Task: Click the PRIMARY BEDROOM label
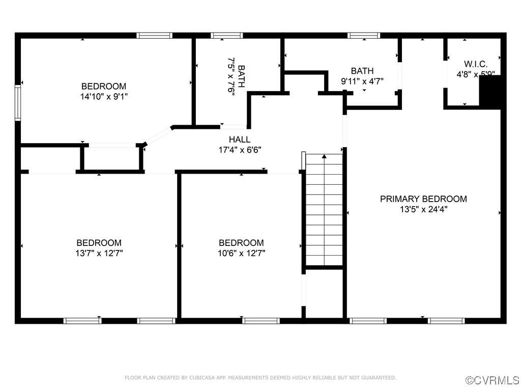[423, 199]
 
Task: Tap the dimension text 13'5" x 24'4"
[423, 209]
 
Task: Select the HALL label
[239, 139]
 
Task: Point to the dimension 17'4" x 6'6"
[239, 150]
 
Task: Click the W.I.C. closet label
[475, 64]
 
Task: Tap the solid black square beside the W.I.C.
[491, 92]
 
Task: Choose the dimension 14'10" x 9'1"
[104, 96]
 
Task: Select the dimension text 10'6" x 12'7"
[241, 253]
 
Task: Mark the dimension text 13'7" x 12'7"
[99, 253]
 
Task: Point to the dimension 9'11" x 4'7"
[362, 80]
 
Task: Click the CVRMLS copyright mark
[493, 380]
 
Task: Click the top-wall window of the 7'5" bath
[226, 36]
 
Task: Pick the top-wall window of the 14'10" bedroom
[155, 36]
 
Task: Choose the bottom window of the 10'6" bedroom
[261, 321]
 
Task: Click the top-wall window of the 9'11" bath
[364, 36]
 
